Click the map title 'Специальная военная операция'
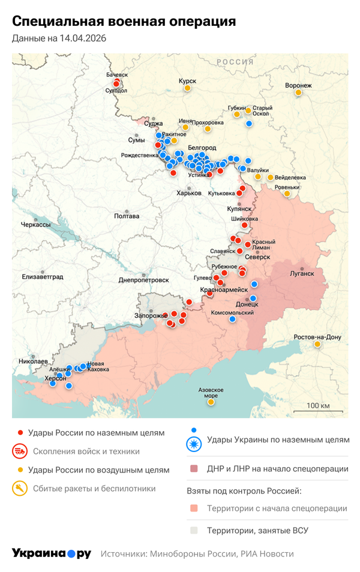[x=124, y=22]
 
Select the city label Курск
[x=187, y=80]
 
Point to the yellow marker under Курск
[x=187, y=89]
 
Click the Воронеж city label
[x=298, y=85]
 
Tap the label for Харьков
[x=188, y=193]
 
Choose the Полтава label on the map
[x=127, y=216]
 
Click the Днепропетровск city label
[x=143, y=280]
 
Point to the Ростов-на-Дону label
[x=317, y=337]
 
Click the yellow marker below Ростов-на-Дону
[x=317, y=345]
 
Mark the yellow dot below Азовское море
[x=211, y=402]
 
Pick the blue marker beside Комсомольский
[x=232, y=319]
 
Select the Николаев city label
[x=33, y=362]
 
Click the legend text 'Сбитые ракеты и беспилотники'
[x=92, y=489]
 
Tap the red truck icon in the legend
[x=20, y=451]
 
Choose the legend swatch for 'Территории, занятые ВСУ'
[x=193, y=531]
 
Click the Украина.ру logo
[x=51, y=553]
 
